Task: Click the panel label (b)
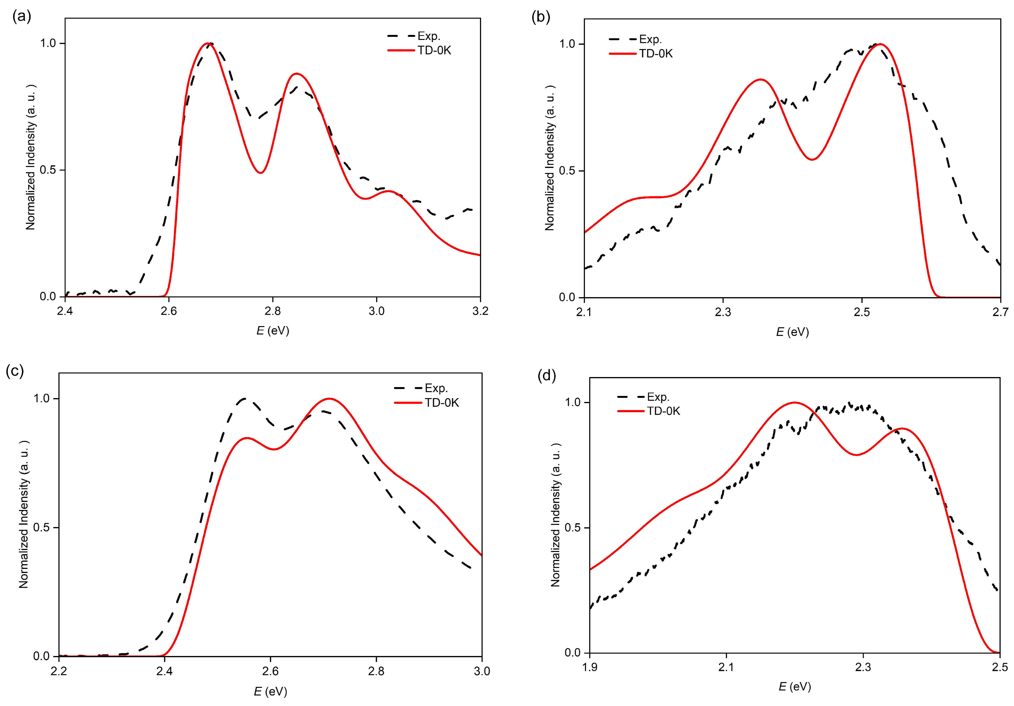[x=541, y=17]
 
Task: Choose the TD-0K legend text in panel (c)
[x=442, y=403]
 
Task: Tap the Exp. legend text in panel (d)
[x=658, y=397]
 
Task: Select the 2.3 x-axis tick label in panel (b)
[x=723, y=312]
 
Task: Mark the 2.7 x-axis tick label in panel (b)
[x=1000, y=312]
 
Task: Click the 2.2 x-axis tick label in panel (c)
[x=59, y=671]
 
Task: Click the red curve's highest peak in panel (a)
[x=208, y=43]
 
